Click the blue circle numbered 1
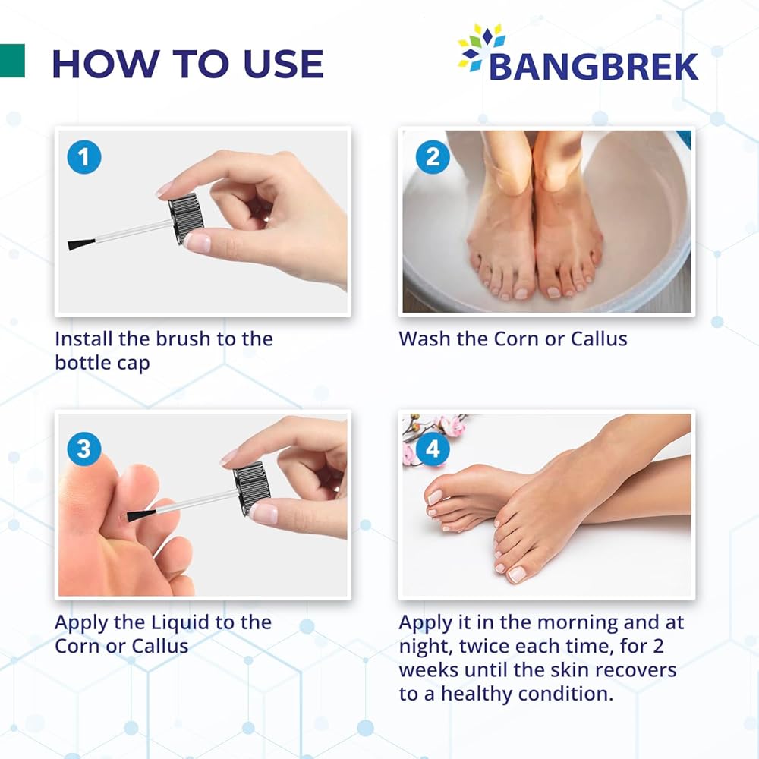(84, 157)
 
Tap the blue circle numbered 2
(433, 157)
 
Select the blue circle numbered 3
(84, 449)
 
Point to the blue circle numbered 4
(433, 449)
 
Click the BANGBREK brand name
(594, 67)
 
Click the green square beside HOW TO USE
(12, 61)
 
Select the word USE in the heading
(284, 64)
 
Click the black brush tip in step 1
(81, 244)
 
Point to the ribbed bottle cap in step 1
(186, 218)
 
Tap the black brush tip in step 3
(141, 515)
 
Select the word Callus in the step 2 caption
(599, 339)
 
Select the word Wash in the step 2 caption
(424, 339)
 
